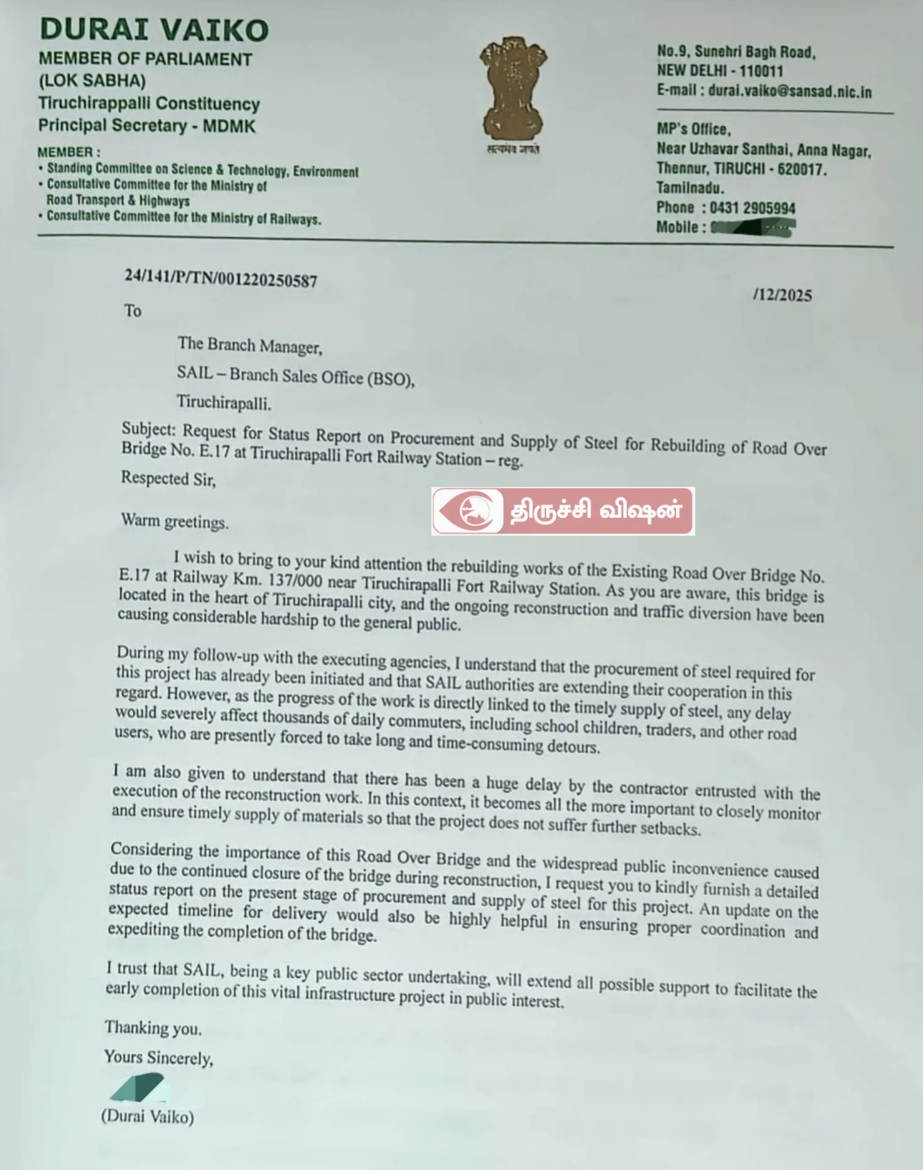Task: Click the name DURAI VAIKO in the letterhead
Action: (x=154, y=30)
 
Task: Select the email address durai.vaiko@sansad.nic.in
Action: (x=789, y=91)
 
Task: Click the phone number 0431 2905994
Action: (x=752, y=208)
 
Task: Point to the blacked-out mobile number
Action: (x=754, y=229)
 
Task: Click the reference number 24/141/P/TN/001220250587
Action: (x=221, y=278)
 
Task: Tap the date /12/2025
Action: (x=782, y=296)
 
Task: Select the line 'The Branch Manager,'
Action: (x=250, y=346)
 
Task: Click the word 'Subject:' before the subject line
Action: (x=149, y=429)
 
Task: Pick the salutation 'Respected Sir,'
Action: (x=168, y=478)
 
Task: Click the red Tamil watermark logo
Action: (x=563, y=511)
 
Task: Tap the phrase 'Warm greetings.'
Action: (x=175, y=522)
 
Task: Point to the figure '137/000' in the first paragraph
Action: (x=294, y=581)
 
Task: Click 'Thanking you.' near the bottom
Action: (x=153, y=1028)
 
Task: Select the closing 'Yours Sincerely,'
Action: (x=159, y=1057)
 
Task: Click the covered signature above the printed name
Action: (x=138, y=1087)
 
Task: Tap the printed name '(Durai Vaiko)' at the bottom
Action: (x=148, y=1116)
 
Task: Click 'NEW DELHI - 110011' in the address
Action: (x=719, y=71)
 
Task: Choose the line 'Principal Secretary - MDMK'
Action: (x=147, y=126)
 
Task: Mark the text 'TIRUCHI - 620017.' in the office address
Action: (x=771, y=169)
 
